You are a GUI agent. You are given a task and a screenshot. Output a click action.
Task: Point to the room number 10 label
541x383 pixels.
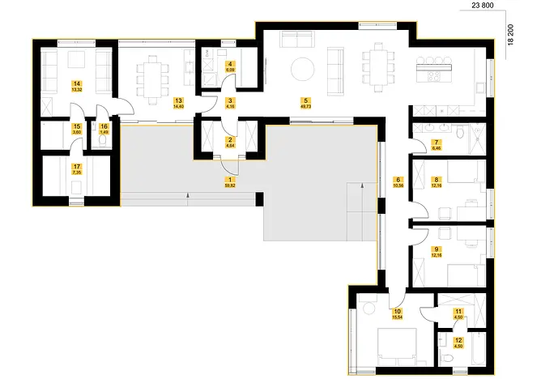pos(398,311)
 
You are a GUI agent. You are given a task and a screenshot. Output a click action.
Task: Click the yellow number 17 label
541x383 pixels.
pos(77,168)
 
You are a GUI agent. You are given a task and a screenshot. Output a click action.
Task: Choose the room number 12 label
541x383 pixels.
pos(458,342)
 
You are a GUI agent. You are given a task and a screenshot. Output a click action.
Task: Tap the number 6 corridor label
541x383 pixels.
pos(398,180)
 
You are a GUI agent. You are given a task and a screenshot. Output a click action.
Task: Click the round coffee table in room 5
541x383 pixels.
pos(301,68)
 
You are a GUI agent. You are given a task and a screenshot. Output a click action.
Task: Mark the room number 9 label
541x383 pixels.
pos(437,249)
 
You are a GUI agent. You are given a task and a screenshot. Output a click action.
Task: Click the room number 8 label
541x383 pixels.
pos(437,181)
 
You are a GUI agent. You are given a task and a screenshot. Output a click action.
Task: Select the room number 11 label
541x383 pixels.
pos(458,312)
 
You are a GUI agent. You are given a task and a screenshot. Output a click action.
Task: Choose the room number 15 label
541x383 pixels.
pos(76,127)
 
